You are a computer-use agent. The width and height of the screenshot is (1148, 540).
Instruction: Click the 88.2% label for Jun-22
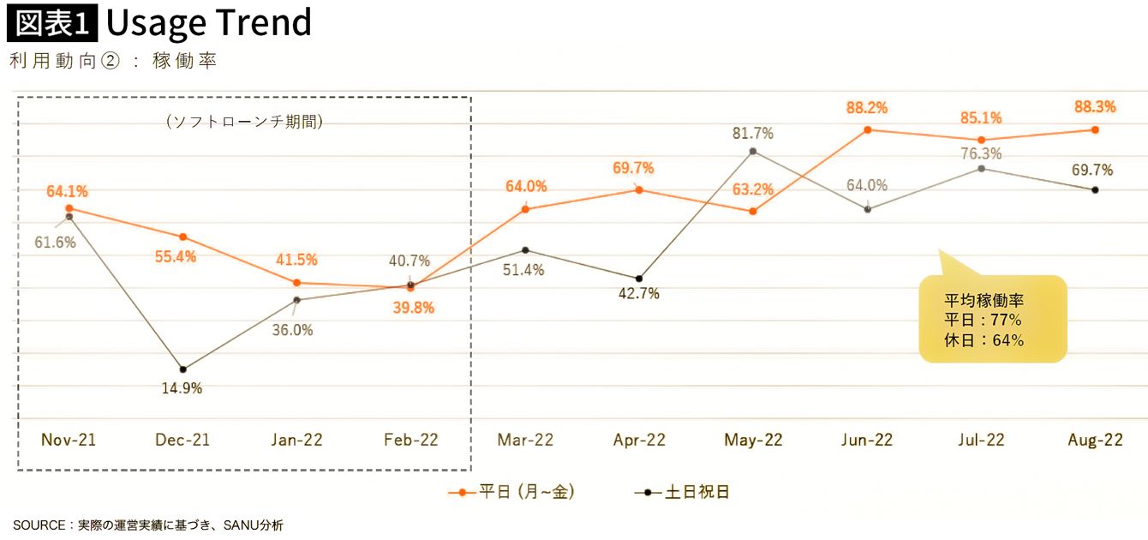[866, 108]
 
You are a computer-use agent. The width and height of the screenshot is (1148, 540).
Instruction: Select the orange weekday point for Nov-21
[69, 208]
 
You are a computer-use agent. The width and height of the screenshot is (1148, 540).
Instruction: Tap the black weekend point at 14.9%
[182, 369]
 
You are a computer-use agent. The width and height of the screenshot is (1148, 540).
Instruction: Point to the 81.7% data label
[753, 133]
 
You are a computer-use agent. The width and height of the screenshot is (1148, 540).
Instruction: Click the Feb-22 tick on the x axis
[410, 441]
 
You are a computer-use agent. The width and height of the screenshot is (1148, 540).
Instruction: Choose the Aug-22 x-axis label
[1095, 441]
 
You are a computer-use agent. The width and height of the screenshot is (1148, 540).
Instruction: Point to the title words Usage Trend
[208, 23]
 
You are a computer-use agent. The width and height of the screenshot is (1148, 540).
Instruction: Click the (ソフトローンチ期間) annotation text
[244, 122]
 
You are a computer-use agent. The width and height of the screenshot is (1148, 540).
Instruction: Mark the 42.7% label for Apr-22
[638, 293]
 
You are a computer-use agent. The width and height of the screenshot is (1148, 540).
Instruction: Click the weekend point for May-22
[752, 152]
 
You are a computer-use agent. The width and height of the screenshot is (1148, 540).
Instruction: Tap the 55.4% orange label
[176, 255]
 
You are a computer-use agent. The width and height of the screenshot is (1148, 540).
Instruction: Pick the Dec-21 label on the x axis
[182, 441]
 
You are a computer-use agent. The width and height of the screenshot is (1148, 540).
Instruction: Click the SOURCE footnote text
[147, 525]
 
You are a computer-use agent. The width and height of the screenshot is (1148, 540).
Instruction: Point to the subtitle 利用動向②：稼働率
[111, 62]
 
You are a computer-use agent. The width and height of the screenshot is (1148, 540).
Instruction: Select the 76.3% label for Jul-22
[981, 153]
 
